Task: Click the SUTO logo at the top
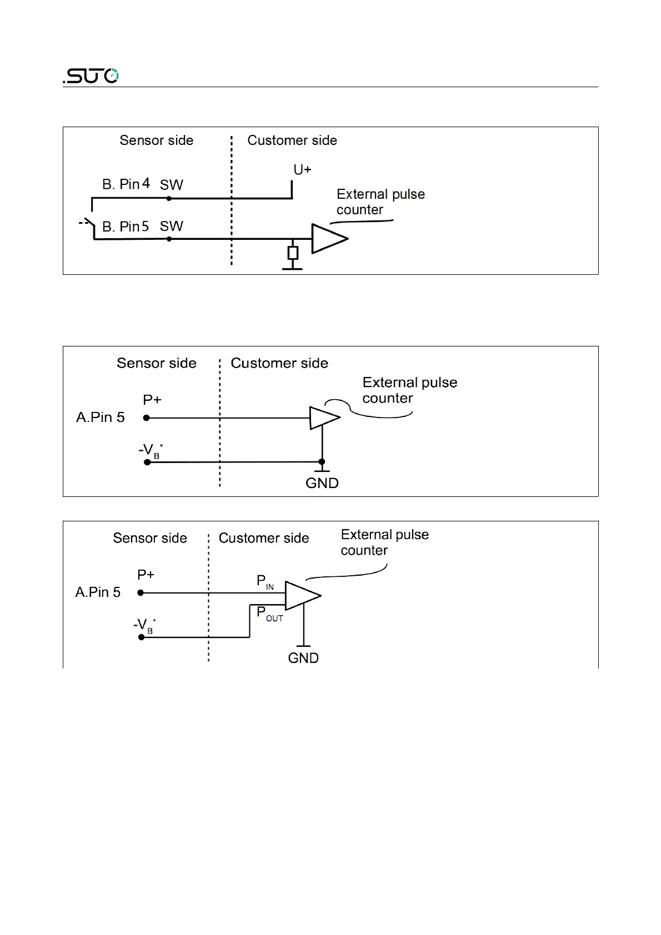tap(91, 76)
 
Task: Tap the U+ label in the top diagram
tap(302, 170)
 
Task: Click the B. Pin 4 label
tap(126, 184)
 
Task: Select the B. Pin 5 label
tap(126, 227)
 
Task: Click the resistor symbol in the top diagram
tap(293, 253)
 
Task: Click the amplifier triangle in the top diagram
tap(328, 239)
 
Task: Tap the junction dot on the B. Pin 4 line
tap(169, 198)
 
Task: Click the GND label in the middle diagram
tap(322, 483)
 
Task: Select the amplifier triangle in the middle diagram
tap(323, 418)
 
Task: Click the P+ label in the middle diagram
tap(152, 400)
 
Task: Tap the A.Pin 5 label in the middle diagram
tap(101, 418)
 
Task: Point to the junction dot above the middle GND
tap(322, 461)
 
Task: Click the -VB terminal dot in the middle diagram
tap(147, 462)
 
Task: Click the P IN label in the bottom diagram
tap(265, 582)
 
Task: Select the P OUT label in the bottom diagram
tap(269, 614)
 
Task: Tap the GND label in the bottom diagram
tap(303, 658)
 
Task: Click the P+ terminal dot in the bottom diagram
tap(141, 593)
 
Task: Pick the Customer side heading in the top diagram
tap(292, 140)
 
